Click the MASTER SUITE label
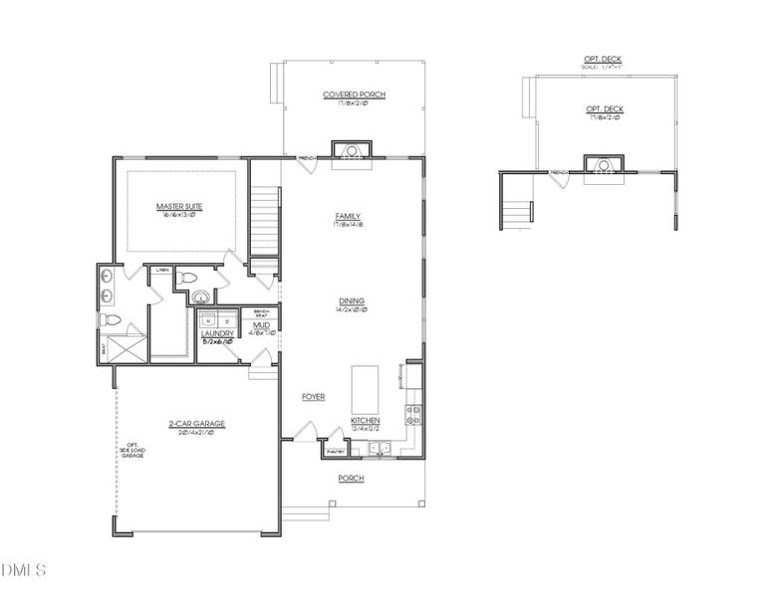click(x=180, y=207)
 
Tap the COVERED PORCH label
click(x=354, y=96)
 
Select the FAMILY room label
click(x=348, y=217)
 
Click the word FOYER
click(x=314, y=397)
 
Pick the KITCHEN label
click(x=366, y=421)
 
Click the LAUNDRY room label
click(x=217, y=333)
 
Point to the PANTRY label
click(x=333, y=452)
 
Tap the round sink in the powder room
click(x=201, y=297)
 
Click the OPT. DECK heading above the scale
click(x=603, y=60)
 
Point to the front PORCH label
click(x=351, y=479)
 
